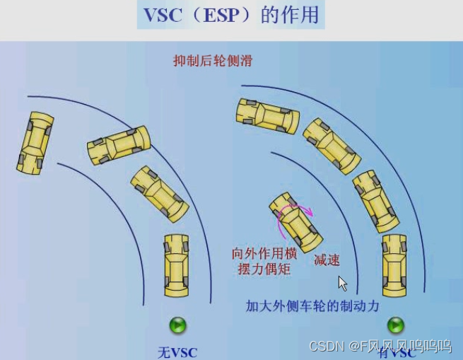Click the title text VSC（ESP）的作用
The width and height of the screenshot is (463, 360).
tap(230, 16)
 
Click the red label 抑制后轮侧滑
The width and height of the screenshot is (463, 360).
tap(213, 61)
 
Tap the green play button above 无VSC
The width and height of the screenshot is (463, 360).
tap(177, 325)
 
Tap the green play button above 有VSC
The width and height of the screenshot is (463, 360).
tap(395, 325)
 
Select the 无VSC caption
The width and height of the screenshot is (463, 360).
tap(177, 352)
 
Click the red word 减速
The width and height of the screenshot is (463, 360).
tap(326, 259)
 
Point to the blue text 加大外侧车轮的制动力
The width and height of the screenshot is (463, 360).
tap(312, 306)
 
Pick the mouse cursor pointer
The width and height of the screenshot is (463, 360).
tap(343, 283)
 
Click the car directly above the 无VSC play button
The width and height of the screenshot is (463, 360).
tap(177, 265)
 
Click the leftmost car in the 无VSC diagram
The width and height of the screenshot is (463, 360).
tap(35, 142)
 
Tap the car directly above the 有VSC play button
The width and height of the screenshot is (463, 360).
tap(394, 265)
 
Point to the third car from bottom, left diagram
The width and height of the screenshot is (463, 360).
tap(119, 144)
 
